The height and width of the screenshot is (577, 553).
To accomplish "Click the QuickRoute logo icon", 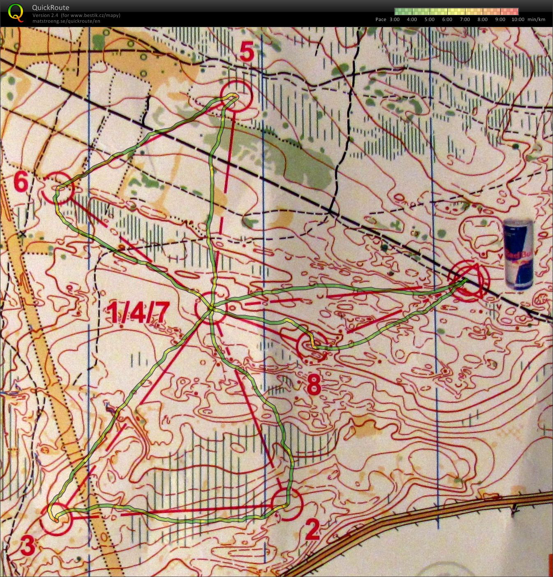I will coord(16,12).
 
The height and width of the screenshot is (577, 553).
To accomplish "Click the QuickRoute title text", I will coord(51,7).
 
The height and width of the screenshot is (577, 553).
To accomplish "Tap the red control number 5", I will coord(246,52).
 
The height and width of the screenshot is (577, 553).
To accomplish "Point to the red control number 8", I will coord(314,385).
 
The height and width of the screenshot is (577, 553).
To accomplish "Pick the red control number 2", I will coord(312,530).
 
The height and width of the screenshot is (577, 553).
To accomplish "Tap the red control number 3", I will coord(27,546).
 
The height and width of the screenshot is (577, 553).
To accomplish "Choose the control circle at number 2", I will coord(287,504).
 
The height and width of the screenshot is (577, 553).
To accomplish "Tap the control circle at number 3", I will coord(56,519).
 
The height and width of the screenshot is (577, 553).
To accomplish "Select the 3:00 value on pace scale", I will coord(394,19).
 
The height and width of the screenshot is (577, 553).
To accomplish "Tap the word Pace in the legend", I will coord(381,19).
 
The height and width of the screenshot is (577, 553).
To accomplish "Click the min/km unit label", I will coord(536,19).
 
